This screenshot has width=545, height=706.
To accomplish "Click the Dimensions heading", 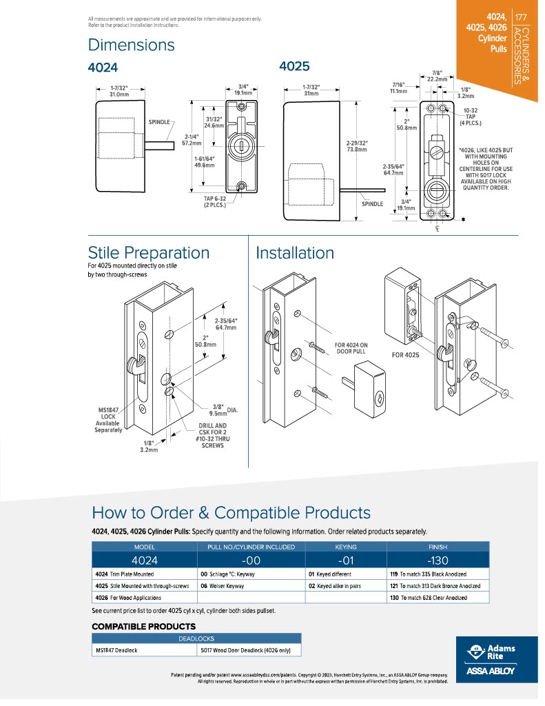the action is click(x=131, y=45).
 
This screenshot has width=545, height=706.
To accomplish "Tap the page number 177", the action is click(x=521, y=17).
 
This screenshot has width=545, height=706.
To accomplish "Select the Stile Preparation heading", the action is click(x=149, y=252).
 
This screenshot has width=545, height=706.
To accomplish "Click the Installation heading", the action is click(x=295, y=253).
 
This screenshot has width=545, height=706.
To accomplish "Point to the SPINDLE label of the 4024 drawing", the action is click(x=159, y=122).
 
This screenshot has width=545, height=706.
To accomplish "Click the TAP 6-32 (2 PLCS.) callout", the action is click(x=215, y=202).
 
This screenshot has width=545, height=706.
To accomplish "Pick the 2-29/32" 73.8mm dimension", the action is click(x=356, y=146).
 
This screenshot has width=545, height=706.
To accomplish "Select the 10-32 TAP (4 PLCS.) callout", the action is click(x=471, y=117).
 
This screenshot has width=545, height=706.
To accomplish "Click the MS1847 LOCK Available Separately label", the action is click(x=108, y=420).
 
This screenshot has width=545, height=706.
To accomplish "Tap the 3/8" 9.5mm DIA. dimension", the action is click(x=225, y=410).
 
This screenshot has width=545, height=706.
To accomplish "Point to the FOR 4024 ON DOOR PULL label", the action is click(x=351, y=348).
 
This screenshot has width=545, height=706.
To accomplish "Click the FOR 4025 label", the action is click(x=405, y=355).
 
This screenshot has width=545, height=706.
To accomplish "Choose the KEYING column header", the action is click(x=346, y=547).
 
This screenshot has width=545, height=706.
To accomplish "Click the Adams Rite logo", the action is click(x=496, y=659).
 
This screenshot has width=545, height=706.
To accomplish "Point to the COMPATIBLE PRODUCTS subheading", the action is click(x=143, y=626).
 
